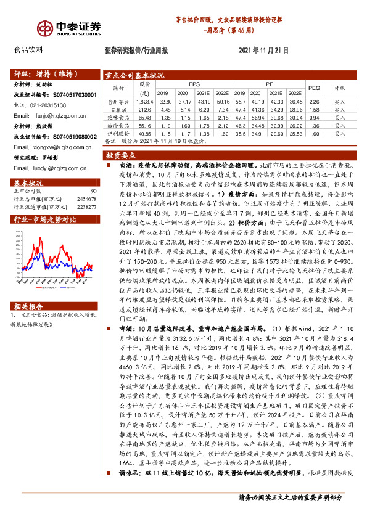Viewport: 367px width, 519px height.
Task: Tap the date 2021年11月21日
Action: click(263, 51)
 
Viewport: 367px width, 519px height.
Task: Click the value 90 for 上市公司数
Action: click(93, 192)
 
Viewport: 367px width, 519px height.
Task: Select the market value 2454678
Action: click(85, 199)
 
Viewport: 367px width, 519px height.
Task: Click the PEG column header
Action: click(313, 88)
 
